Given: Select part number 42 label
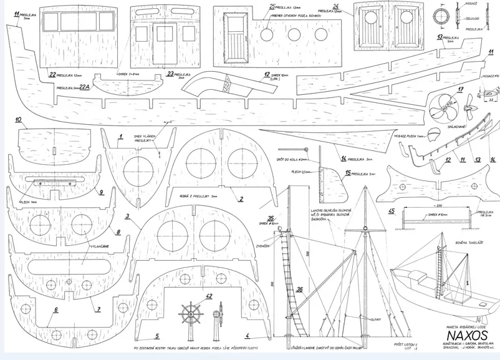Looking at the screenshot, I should [x=209, y=296].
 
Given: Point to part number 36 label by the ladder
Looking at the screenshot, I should [x=300, y=289].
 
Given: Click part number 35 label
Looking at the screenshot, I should [x=270, y=218].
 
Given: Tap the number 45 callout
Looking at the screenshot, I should [x=391, y=211].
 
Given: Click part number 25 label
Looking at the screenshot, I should [x=272, y=6].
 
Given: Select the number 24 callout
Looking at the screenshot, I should [x=335, y=6].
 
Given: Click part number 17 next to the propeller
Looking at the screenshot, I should [x=460, y=89].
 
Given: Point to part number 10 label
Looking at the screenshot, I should [x=18, y=119].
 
